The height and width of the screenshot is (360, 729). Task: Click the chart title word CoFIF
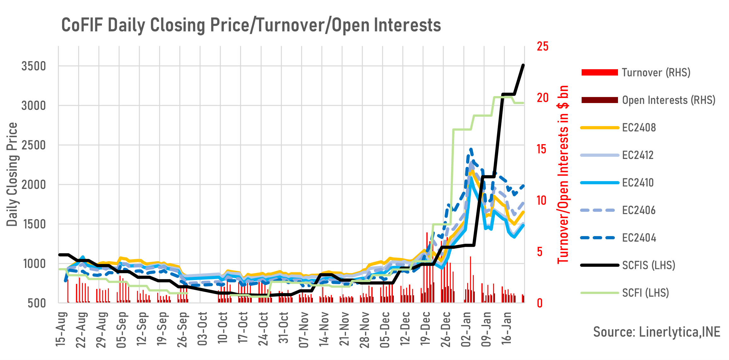pyautogui.click(x=82, y=25)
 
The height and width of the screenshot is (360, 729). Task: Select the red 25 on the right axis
pyautogui.click(x=543, y=46)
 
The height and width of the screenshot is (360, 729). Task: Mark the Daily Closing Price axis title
pyautogui.click(x=12, y=174)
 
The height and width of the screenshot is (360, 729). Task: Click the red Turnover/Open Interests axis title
pyautogui.click(x=563, y=174)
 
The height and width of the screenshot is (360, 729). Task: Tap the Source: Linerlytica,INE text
pyautogui.click(x=657, y=332)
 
